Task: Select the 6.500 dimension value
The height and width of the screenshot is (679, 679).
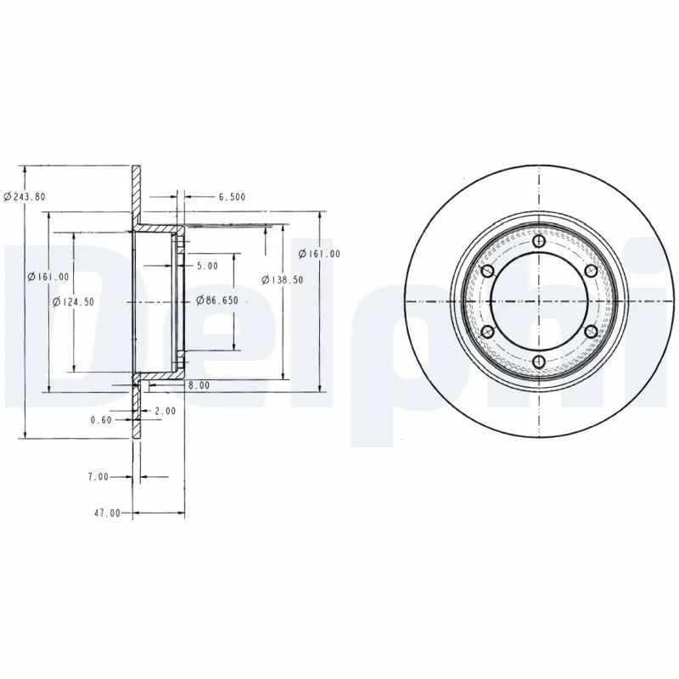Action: tap(232, 197)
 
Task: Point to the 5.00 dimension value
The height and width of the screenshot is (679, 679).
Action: tap(207, 266)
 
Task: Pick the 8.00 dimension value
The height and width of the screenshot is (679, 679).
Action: tap(199, 385)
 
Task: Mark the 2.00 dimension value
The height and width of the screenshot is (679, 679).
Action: tap(166, 412)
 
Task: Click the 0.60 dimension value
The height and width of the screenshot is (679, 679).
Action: tap(102, 418)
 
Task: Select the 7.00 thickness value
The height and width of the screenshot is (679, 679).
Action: tap(98, 477)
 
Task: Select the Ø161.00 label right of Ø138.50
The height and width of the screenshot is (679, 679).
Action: tap(320, 254)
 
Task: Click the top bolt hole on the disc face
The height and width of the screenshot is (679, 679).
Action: tap(540, 243)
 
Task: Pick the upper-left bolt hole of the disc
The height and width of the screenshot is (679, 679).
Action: tap(488, 272)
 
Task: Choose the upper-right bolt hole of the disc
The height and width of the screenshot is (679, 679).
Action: tap(592, 272)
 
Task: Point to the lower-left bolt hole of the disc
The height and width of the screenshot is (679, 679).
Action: tap(488, 332)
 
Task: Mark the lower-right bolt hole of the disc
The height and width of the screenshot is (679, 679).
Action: tap(592, 332)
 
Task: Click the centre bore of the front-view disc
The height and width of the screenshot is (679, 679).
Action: tap(540, 302)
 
